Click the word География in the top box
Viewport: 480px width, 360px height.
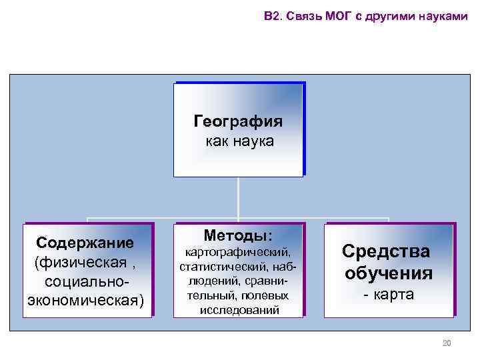(x=239, y=122)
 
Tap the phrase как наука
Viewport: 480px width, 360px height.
(x=239, y=142)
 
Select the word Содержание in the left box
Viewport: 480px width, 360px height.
(x=85, y=241)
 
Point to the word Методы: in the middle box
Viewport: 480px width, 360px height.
(x=239, y=235)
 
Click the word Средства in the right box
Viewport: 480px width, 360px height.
(x=386, y=251)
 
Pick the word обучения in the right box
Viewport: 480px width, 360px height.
(x=389, y=273)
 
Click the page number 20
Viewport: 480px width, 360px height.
(x=447, y=343)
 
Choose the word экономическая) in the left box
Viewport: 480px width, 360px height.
(x=85, y=297)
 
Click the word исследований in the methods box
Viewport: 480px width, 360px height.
(x=239, y=310)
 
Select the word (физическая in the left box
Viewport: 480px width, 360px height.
(x=74, y=261)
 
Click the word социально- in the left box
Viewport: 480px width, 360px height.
(x=85, y=279)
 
